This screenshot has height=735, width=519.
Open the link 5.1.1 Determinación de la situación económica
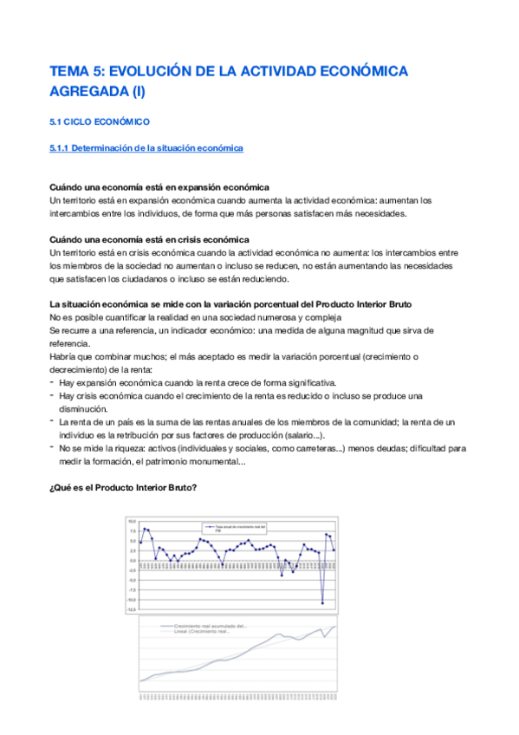click(x=146, y=148)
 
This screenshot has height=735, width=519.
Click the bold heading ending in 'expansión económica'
click(x=159, y=187)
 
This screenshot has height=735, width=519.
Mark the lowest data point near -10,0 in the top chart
click(x=322, y=603)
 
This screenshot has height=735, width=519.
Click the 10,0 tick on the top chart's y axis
click(x=133, y=521)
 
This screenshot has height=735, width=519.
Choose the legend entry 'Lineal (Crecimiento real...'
click(x=204, y=631)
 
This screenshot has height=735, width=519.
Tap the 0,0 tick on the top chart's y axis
click(x=133, y=560)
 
